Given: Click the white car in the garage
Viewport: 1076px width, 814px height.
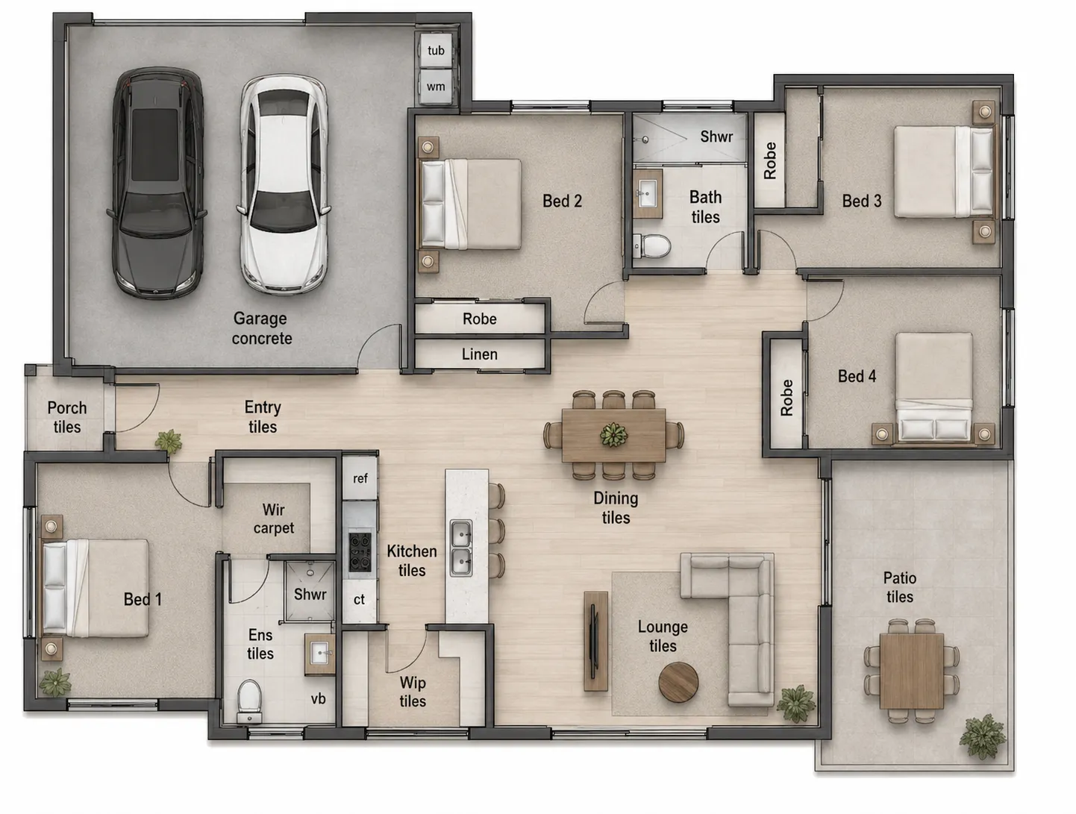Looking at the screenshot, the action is pyautogui.click(x=284, y=184).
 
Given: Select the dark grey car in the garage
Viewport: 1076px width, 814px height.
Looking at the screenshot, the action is pyautogui.click(x=157, y=182).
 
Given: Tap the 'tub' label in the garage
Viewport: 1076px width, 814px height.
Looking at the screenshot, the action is pyautogui.click(x=436, y=51).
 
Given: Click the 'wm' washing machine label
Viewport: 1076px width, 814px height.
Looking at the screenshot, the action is pyautogui.click(x=436, y=87).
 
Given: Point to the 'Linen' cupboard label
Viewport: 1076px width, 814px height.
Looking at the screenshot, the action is pyautogui.click(x=479, y=354).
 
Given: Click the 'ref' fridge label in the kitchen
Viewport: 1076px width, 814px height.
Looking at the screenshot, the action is pyautogui.click(x=360, y=478).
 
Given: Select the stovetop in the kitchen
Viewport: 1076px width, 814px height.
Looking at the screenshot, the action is pyautogui.click(x=360, y=552).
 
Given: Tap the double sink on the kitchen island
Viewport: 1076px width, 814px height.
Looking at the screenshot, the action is pyautogui.click(x=461, y=548).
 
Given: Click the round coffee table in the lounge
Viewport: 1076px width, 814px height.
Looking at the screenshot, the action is pyautogui.click(x=678, y=682).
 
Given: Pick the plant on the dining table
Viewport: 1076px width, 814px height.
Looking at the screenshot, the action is pyautogui.click(x=613, y=434).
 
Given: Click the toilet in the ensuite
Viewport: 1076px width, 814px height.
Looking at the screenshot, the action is pyautogui.click(x=249, y=701).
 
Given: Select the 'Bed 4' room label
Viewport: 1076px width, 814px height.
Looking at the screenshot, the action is pyautogui.click(x=857, y=376).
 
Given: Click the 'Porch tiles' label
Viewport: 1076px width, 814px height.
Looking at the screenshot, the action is pyautogui.click(x=67, y=418).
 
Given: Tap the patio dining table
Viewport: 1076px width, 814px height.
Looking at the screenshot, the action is pyautogui.click(x=912, y=671).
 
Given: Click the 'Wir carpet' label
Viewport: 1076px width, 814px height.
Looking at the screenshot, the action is pyautogui.click(x=274, y=519).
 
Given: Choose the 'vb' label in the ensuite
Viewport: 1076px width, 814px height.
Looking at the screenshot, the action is pyautogui.click(x=318, y=699).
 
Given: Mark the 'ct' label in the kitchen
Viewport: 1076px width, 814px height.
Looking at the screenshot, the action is pyautogui.click(x=360, y=599).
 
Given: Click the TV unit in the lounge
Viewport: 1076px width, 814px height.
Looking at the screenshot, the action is pyautogui.click(x=596, y=641).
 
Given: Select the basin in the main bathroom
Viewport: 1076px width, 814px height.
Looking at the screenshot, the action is pyautogui.click(x=648, y=193).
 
